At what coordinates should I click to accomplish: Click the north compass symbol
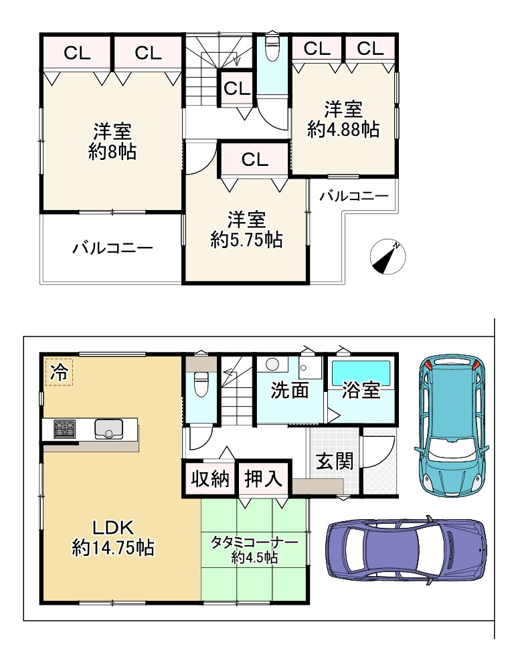(388, 257)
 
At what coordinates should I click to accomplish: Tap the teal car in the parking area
(452, 425)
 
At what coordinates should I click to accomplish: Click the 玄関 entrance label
(335, 461)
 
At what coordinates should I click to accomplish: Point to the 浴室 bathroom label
(361, 390)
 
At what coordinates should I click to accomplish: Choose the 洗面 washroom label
(290, 390)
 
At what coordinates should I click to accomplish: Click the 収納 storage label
(210, 479)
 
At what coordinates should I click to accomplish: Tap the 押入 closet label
(263, 479)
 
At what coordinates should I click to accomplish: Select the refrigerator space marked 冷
(60, 373)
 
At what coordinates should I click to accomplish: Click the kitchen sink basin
(109, 429)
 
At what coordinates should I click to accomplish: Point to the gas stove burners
(64, 429)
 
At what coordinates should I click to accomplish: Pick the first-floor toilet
(200, 383)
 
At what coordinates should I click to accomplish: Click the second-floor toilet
(271, 47)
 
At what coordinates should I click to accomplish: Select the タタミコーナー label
(255, 543)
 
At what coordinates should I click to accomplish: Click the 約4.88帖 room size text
(343, 130)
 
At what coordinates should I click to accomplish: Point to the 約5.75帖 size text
(247, 240)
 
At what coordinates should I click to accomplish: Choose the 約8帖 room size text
(112, 152)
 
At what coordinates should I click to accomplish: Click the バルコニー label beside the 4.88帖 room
(354, 196)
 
